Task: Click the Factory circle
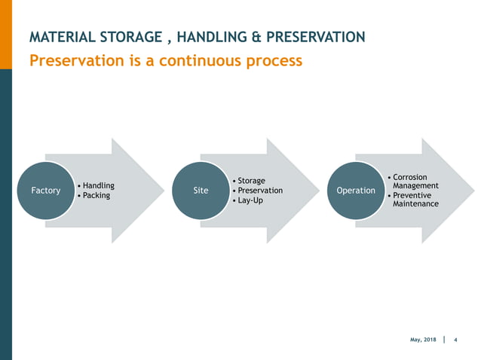click(x=45, y=191)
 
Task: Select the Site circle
click(x=201, y=191)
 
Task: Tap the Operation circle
click(x=356, y=191)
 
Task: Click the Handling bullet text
click(x=98, y=185)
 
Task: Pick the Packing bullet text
click(x=96, y=196)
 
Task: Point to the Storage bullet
click(x=251, y=181)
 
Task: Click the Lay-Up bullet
click(x=250, y=201)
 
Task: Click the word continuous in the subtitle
click(x=204, y=60)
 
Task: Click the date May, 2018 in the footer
click(x=423, y=340)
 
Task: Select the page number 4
click(x=456, y=340)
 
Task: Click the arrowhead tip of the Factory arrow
click(x=164, y=191)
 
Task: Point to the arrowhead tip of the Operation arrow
click(x=474, y=191)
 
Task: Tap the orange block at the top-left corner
click(x=5, y=34)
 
